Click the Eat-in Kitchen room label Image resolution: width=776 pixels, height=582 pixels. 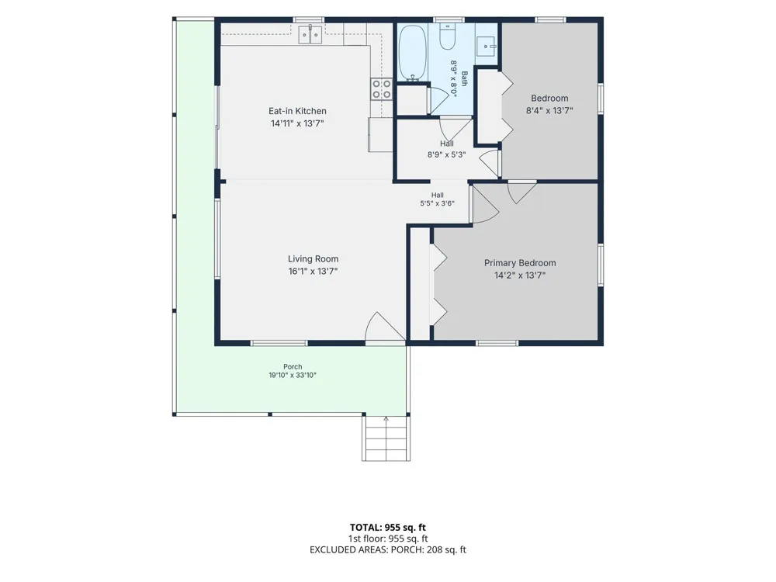pyautogui.click(x=297, y=111)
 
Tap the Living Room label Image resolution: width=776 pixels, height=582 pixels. pyautogui.click(x=314, y=259)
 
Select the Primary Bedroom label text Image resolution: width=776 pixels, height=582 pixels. pyautogui.click(x=520, y=263)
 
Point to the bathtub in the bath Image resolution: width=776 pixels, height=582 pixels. pyautogui.click(x=413, y=54)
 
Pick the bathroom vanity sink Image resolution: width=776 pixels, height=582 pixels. pyautogui.click(x=486, y=47)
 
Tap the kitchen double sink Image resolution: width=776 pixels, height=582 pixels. pyautogui.click(x=310, y=34)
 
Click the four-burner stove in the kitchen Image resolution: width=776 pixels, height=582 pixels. pyautogui.click(x=382, y=89)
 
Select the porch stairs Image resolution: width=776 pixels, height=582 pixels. pyautogui.click(x=386, y=438)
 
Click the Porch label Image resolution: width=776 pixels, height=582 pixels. pyautogui.click(x=293, y=367)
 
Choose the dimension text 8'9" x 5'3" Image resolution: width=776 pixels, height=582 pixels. pyautogui.click(x=446, y=155)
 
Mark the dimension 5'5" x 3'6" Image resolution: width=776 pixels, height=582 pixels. pyautogui.click(x=437, y=203)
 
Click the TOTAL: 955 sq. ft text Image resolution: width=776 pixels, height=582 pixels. pyautogui.click(x=387, y=528)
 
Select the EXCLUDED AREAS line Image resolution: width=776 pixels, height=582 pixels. pyautogui.click(x=387, y=550)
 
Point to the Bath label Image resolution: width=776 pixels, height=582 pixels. pyautogui.click(x=464, y=78)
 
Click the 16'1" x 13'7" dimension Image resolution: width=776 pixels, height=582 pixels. pyautogui.click(x=313, y=271)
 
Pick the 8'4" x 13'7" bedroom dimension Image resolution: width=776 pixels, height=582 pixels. pyautogui.click(x=549, y=111)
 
